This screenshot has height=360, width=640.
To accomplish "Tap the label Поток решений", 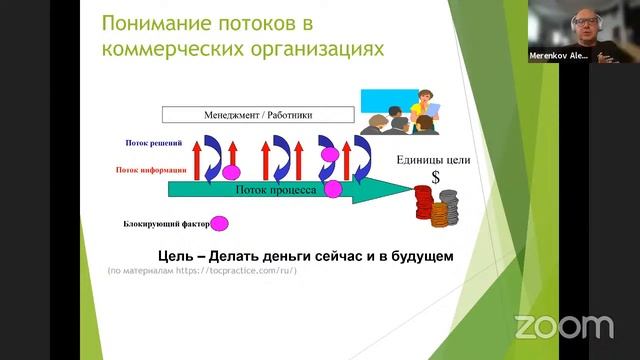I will pyautogui.click(x=152, y=144).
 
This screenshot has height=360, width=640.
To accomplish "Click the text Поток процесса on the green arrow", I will pyautogui.click(x=276, y=189).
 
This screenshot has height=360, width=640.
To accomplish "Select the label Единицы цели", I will pyautogui.click(x=433, y=160).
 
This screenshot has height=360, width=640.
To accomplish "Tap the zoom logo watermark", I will pyautogui.click(x=563, y=326).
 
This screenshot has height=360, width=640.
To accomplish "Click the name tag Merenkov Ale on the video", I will pyautogui.click(x=562, y=57).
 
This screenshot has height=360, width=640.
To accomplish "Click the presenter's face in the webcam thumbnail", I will pyautogui.click(x=583, y=25).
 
